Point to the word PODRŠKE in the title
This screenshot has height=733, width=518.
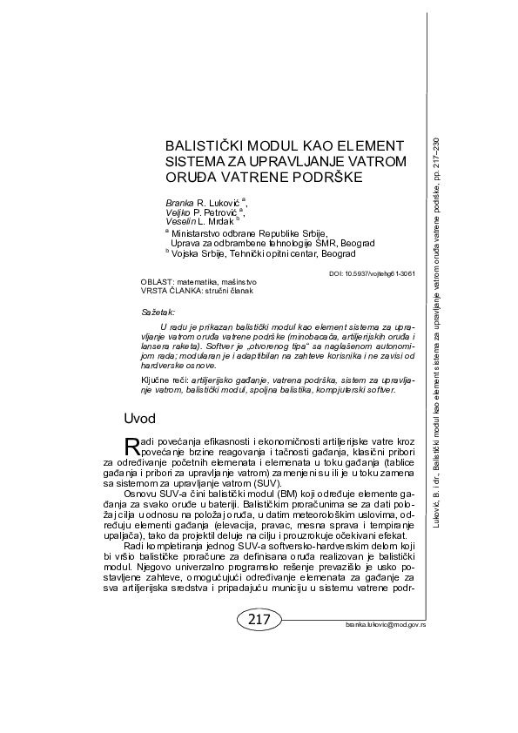(x=321, y=177)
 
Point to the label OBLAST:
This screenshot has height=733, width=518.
(x=156, y=283)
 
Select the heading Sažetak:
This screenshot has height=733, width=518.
(x=158, y=311)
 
